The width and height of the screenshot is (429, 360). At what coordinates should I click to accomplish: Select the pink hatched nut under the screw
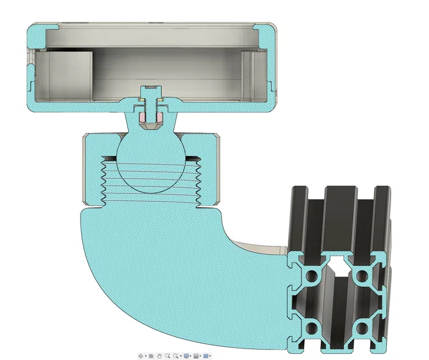coord(143,117)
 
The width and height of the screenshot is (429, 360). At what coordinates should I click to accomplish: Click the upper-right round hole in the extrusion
coord(363,277)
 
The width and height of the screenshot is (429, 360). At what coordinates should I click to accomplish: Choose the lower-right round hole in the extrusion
coord(363,328)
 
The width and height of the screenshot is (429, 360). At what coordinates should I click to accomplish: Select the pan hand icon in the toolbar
coord(159,356)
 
